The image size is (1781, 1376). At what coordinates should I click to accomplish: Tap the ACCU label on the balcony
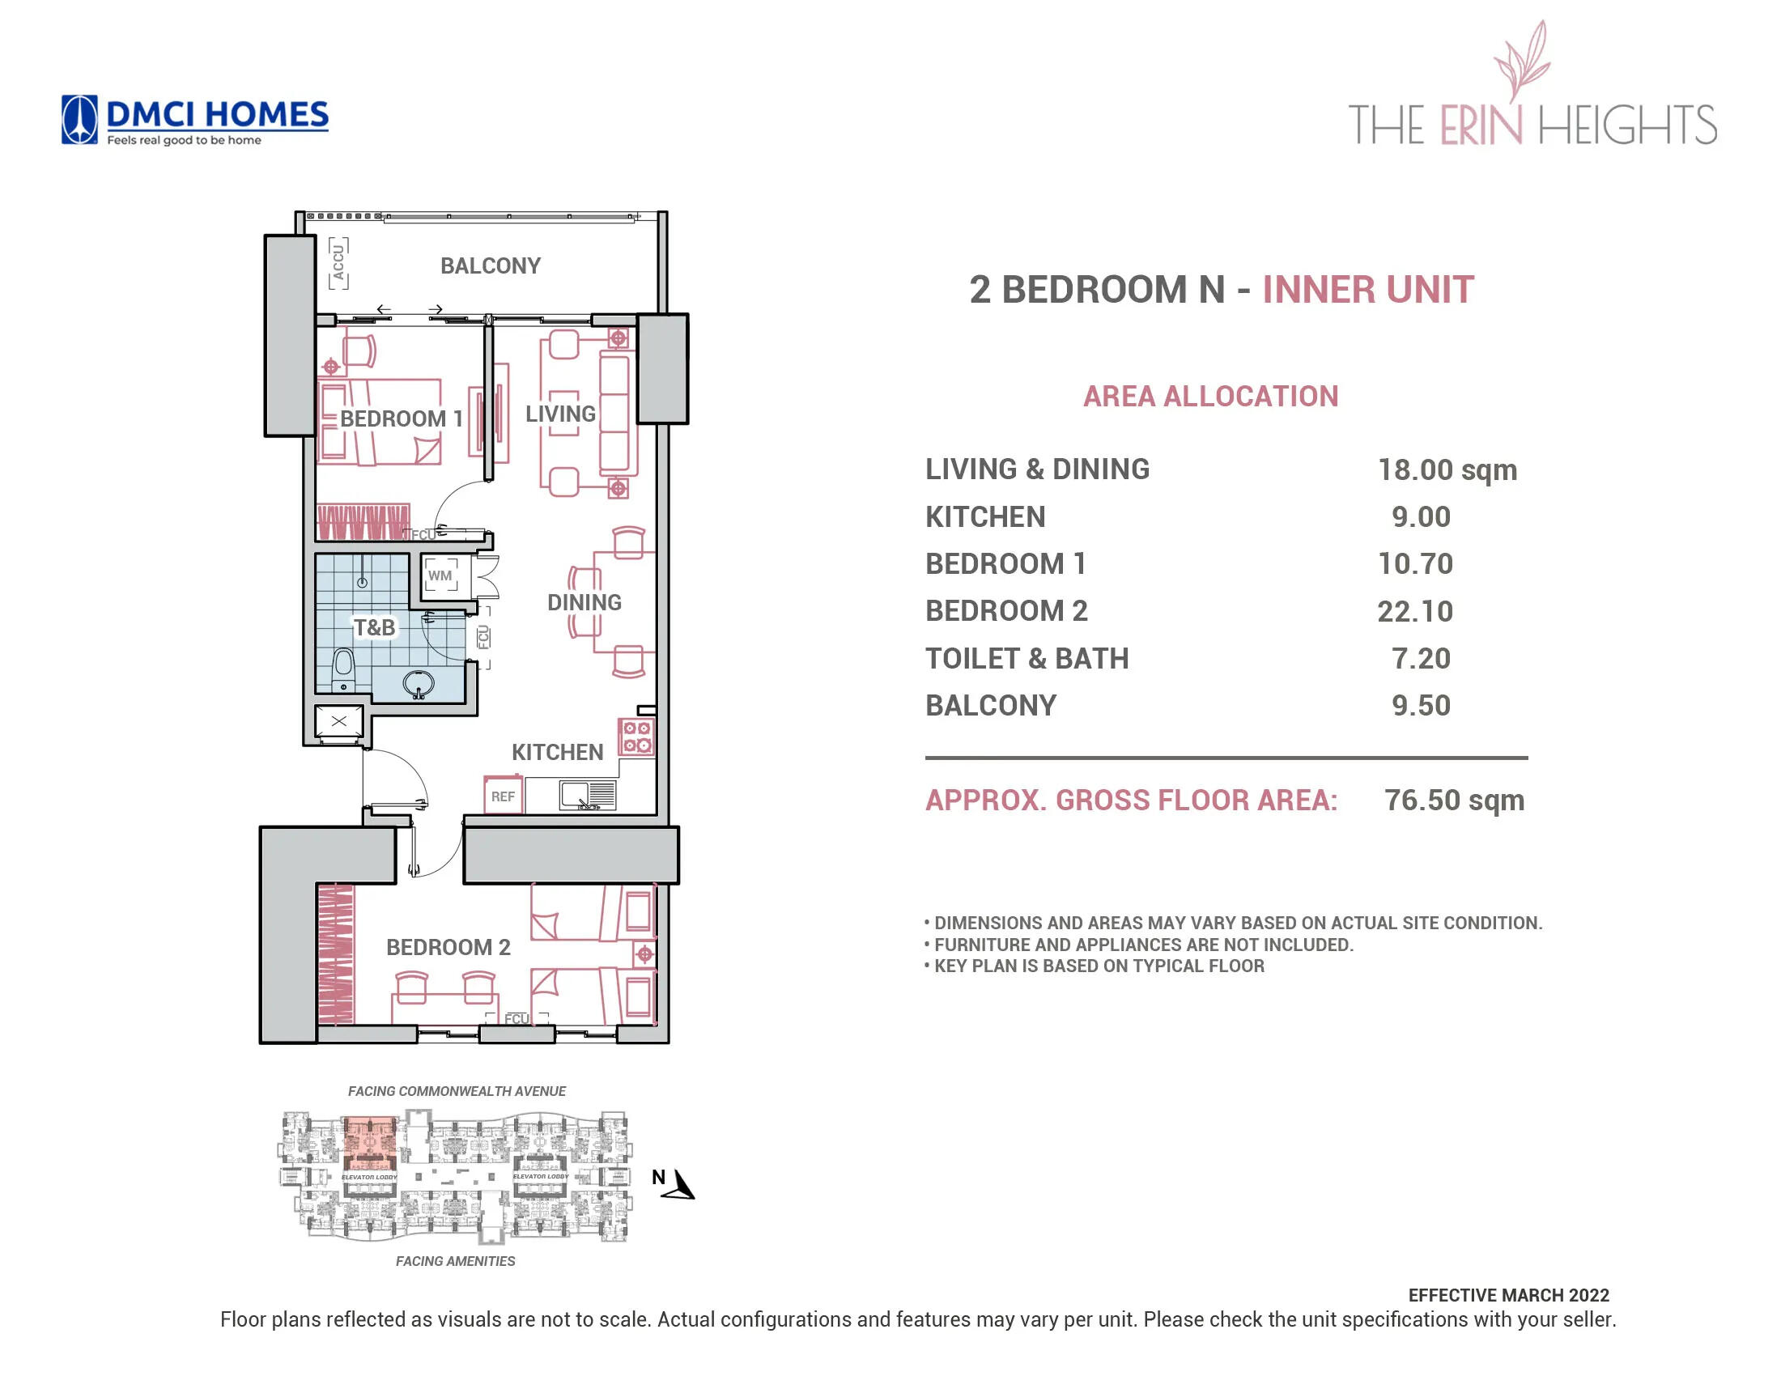point(338,262)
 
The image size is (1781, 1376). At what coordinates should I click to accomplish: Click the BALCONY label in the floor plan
point(490,265)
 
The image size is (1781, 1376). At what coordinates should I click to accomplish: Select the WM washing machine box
point(440,575)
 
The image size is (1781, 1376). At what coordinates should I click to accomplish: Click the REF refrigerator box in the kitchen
point(503,796)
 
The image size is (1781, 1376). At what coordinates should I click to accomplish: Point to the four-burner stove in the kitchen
point(635,737)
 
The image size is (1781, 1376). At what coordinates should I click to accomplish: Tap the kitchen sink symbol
point(587,795)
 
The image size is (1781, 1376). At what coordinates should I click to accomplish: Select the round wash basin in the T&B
point(419,684)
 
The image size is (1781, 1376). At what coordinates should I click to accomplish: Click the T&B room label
point(374,626)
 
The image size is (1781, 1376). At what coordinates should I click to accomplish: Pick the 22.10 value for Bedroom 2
point(1415,611)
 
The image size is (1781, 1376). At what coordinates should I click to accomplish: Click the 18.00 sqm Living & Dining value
point(1447,469)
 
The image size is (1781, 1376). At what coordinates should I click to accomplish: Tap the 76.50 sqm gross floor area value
point(1454,800)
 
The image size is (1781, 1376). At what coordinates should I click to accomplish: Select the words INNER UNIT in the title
point(1367,290)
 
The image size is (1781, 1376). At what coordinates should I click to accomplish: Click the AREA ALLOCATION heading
point(1210,396)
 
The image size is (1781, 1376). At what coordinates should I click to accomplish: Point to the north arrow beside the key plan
point(679,1183)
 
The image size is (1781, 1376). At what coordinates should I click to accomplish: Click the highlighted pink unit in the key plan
point(370,1143)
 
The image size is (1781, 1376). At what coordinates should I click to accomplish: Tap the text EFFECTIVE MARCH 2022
point(1508,1295)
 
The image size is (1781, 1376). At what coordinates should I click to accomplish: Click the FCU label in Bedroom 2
point(516,1019)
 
